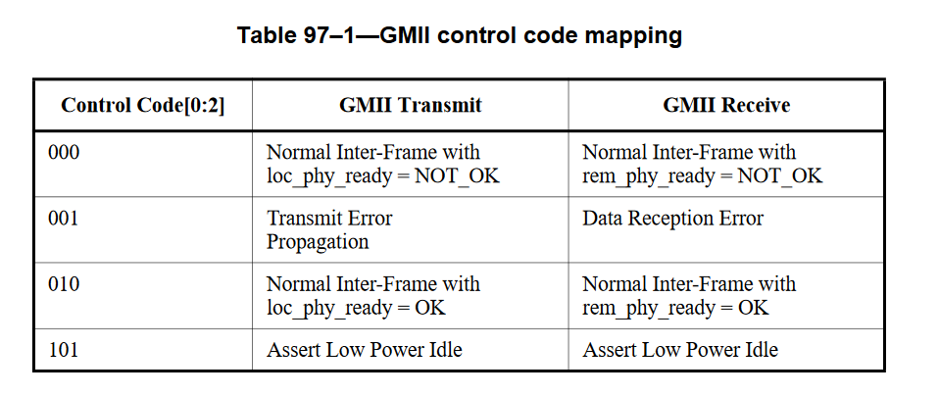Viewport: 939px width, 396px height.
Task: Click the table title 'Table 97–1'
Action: click(x=306, y=35)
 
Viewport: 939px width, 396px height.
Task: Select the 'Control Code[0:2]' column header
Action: click(x=142, y=106)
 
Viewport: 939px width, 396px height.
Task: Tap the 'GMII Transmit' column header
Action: click(x=411, y=106)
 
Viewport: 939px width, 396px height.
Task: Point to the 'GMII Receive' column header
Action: click(x=726, y=106)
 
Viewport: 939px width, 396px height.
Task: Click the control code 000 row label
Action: click(x=64, y=152)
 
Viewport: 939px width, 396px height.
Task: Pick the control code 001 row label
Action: click(x=64, y=218)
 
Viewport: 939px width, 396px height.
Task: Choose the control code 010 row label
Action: click(x=64, y=284)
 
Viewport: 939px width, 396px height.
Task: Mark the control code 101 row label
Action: click(x=64, y=349)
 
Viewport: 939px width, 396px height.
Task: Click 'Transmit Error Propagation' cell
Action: click(x=329, y=230)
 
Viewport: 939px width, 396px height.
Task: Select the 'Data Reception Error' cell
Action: click(x=673, y=218)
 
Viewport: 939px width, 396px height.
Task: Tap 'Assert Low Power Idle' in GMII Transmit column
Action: click(x=364, y=349)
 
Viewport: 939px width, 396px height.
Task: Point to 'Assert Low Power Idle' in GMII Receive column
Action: click(x=680, y=349)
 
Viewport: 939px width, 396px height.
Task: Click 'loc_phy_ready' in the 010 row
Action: click(x=326, y=309)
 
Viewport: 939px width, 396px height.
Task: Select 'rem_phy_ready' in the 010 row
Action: click(x=644, y=309)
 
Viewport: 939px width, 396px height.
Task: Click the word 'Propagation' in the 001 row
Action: click(x=318, y=243)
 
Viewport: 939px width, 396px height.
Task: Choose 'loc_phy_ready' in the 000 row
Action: click(x=326, y=176)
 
